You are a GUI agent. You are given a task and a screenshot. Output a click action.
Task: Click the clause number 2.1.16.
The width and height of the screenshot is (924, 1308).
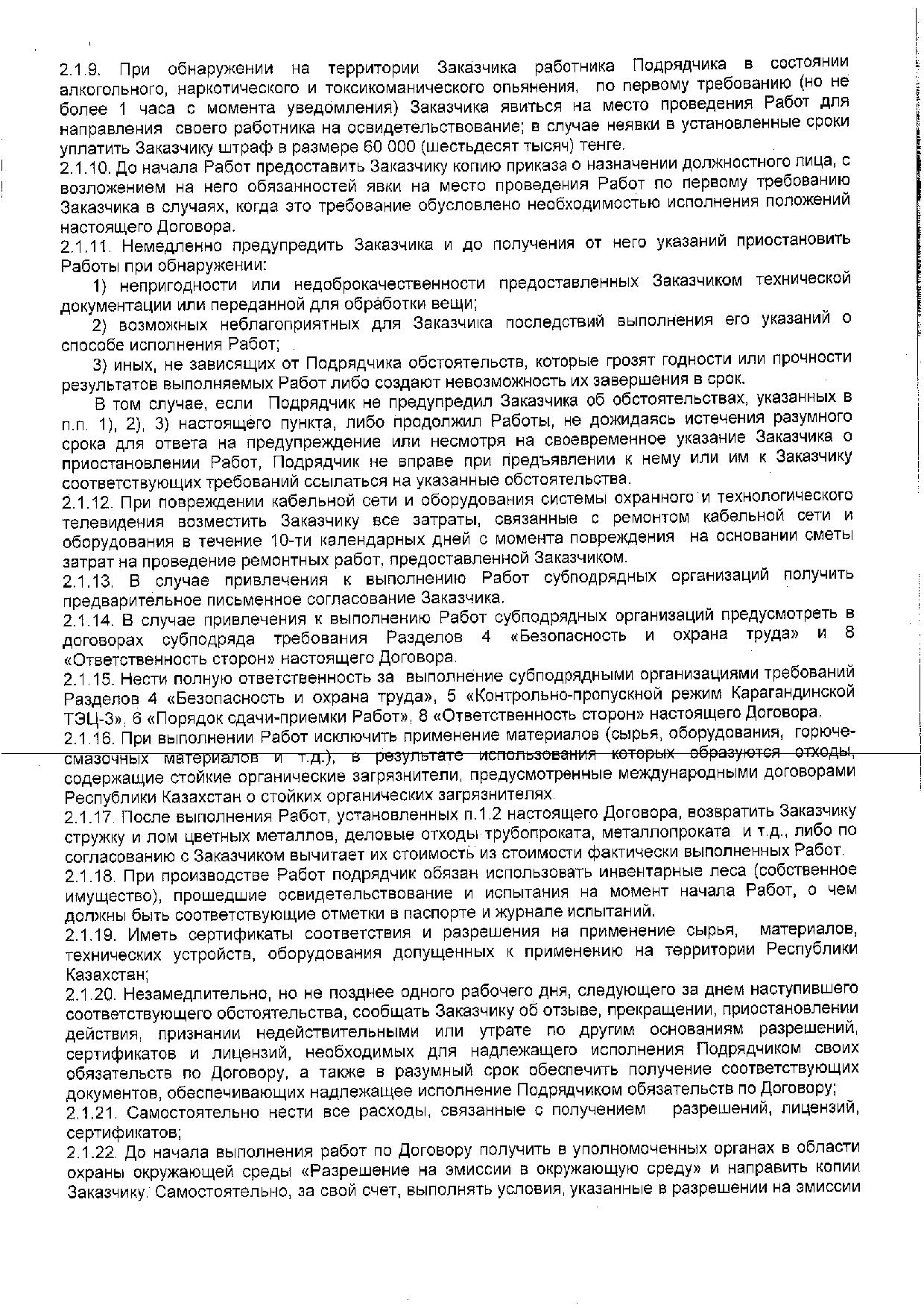[x=87, y=738]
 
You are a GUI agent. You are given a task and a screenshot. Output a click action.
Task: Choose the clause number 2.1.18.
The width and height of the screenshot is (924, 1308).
[x=89, y=874]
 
